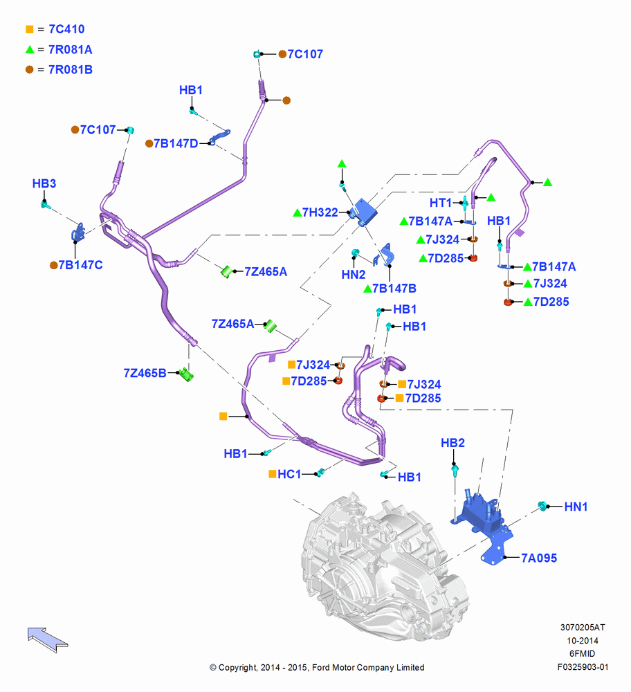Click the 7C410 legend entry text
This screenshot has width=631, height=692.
tap(66, 29)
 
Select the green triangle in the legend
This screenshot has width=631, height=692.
tap(30, 49)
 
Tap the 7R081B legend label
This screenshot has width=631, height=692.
tap(71, 70)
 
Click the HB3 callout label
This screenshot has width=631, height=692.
tap(44, 183)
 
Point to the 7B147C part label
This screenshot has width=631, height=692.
tap(81, 265)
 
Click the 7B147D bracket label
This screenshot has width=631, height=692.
tap(176, 143)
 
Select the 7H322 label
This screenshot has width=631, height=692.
tap(320, 212)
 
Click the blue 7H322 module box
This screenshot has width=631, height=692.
tap(365, 211)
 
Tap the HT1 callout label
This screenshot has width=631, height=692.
tap(440, 203)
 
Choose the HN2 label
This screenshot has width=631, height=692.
tap(354, 275)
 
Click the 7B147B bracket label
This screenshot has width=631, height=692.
tap(394, 289)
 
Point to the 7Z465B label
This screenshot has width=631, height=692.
tap(145, 374)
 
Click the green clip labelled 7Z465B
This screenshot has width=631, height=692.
tap(186, 374)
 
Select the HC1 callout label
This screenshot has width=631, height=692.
tap(289, 475)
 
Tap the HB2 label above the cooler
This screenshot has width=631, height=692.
tap(452, 443)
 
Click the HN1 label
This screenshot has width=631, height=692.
tap(576, 507)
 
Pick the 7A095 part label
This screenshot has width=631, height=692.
tap(539, 558)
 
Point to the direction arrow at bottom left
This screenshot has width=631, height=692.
tap(48, 639)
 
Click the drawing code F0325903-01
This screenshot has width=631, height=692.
tap(583, 667)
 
